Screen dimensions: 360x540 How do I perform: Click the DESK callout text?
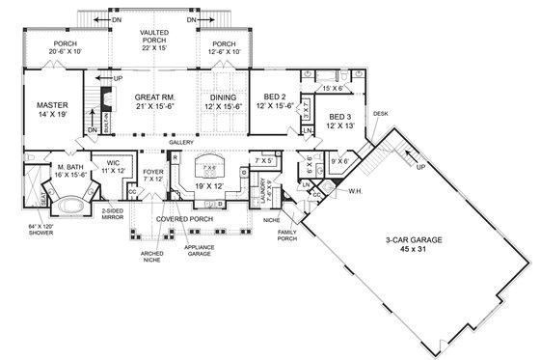point(379,113)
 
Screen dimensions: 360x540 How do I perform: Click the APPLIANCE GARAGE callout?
point(198,251)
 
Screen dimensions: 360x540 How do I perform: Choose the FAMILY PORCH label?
point(286,235)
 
